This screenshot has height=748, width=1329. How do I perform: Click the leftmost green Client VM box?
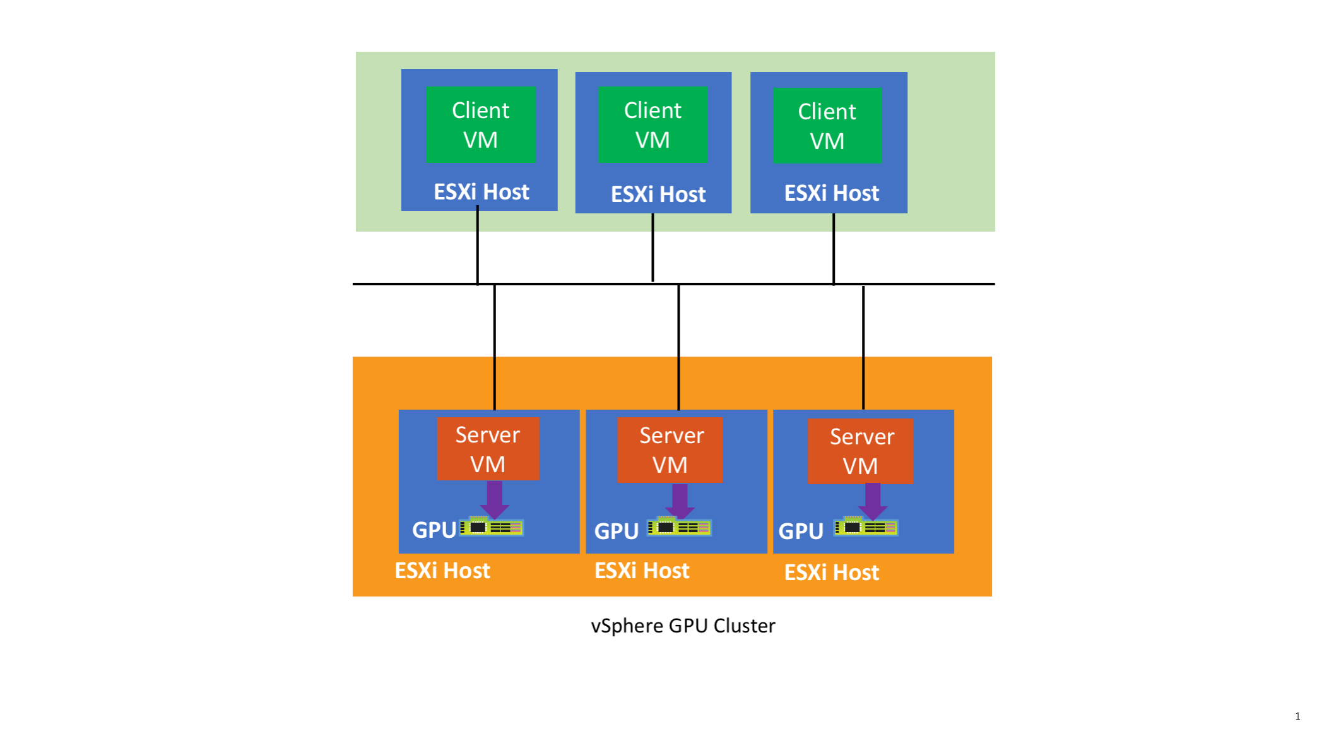coord(480,124)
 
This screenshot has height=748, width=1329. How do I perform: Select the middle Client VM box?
coord(653,124)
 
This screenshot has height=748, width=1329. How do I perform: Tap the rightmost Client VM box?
coord(827,126)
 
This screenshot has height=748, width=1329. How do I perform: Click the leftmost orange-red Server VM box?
coord(488,449)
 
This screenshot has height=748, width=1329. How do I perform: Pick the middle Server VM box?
coord(670,450)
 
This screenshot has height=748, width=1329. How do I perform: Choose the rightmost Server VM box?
coord(860,451)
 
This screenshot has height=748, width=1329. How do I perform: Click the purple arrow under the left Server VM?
coord(495,499)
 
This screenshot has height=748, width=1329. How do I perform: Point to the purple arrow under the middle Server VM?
coord(680,501)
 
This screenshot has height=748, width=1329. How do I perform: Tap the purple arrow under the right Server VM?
coord(873,501)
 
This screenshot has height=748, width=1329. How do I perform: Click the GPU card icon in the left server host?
coord(492,527)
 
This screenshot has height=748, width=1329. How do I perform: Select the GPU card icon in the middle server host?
coord(679,527)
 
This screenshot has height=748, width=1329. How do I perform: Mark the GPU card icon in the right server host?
coord(866,527)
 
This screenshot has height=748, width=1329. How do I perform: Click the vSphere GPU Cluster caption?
coord(683,626)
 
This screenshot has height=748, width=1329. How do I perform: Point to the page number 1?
coord(1297,716)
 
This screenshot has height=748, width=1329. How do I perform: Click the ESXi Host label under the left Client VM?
coord(481,192)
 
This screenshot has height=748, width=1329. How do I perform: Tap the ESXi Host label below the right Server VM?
coord(831,573)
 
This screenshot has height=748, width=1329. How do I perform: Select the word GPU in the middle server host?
coord(616,531)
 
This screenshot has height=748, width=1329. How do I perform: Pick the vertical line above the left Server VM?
coord(495,347)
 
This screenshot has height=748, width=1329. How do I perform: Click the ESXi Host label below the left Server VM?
coord(442,571)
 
